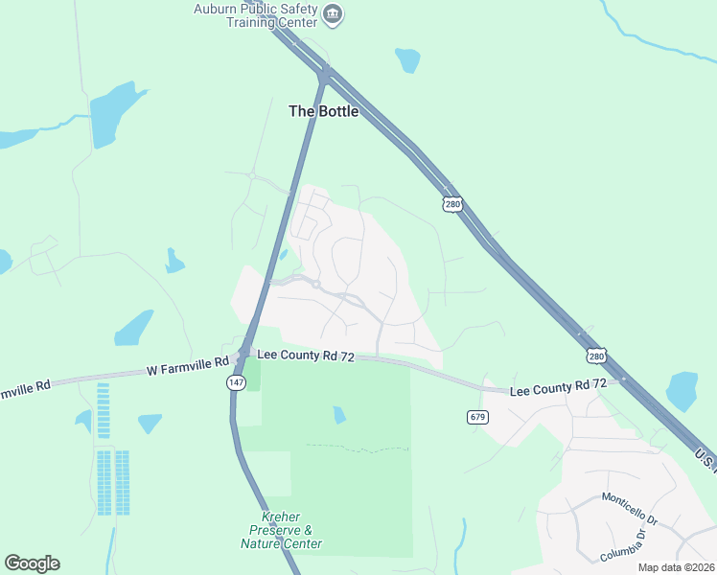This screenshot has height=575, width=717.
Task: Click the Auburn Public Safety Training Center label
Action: point(269,15)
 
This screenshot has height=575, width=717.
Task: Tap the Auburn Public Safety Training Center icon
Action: point(333,14)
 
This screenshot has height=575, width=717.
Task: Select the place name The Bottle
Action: point(324,111)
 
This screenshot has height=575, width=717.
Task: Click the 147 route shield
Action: point(236,382)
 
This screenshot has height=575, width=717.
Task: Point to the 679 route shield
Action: point(478,417)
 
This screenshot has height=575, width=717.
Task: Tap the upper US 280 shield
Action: point(452,204)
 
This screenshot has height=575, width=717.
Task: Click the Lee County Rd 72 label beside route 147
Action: point(307,356)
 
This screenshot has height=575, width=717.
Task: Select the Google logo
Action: point(32,563)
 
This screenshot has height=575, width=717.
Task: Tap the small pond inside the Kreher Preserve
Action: point(339,415)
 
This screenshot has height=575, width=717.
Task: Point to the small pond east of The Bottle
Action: point(407,60)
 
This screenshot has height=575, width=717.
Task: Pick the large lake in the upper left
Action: point(113,113)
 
